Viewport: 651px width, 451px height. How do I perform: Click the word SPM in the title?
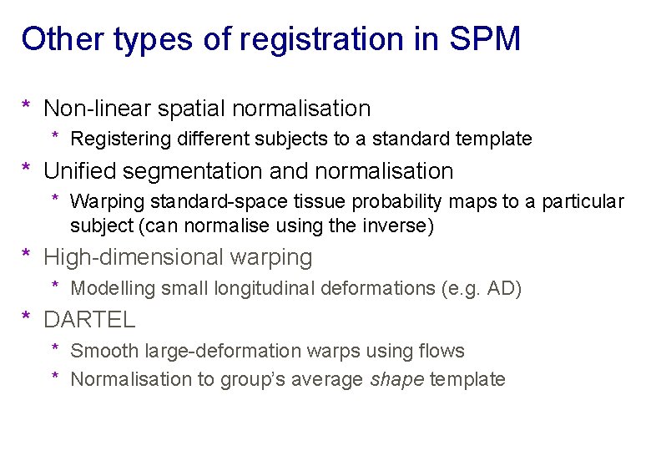pos(484,39)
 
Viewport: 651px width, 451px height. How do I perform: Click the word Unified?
pos(80,171)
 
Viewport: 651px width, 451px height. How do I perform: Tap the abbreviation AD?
pos(503,289)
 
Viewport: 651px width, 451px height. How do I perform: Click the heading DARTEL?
pos(89,319)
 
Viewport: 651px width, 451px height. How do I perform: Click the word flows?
pos(442,351)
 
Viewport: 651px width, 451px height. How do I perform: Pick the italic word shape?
pos(396,379)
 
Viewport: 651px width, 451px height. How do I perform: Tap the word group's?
pos(251,379)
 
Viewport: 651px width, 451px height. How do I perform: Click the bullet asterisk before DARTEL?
pos(27,317)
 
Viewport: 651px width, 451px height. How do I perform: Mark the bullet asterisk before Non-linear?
pos(27,106)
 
